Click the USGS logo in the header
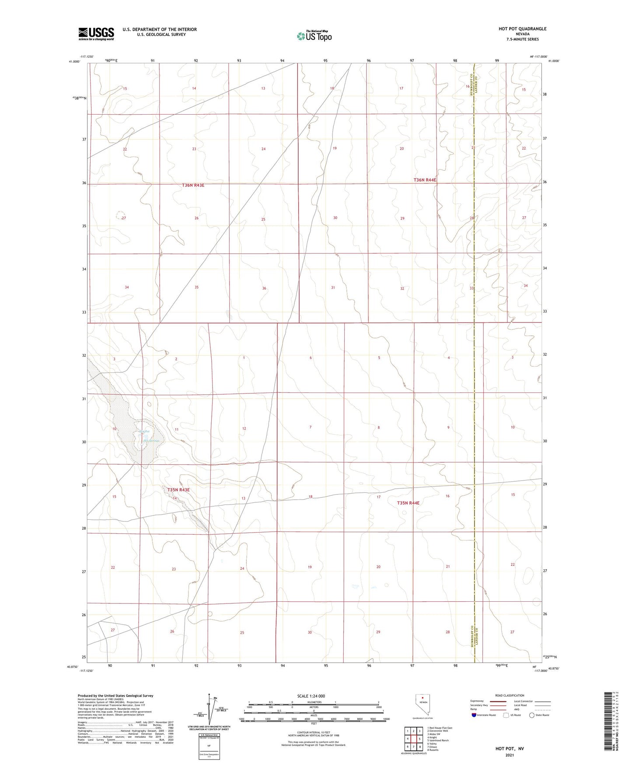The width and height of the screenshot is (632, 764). click(96, 34)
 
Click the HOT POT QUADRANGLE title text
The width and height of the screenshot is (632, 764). click(522, 29)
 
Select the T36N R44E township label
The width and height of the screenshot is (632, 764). click(425, 180)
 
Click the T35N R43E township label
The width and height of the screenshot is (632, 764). click(178, 490)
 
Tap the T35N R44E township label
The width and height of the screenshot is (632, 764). click(408, 503)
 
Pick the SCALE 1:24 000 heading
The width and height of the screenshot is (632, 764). click(311, 696)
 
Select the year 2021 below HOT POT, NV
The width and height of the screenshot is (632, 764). click(509, 755)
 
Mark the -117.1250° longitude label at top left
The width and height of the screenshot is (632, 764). click(87, 56)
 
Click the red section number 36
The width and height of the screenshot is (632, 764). click(264, 288)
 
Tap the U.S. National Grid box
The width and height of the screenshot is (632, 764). click(209, 746)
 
